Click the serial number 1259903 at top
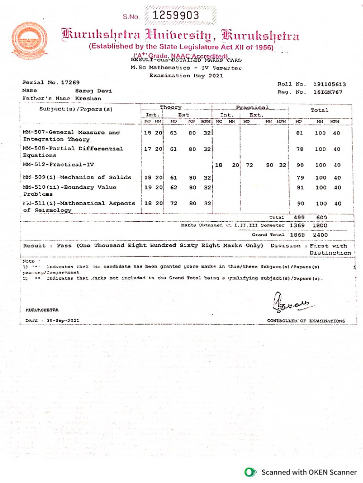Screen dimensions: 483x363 tap(175, 15)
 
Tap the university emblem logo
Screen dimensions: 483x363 tap(30, 41)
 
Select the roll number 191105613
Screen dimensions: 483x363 tap(329, 84)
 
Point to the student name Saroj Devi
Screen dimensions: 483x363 tap(93, 90)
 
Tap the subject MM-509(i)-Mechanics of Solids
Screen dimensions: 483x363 tap(77, 177)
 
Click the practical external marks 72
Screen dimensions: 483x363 tap(249, 166)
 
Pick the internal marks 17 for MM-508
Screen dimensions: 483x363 tap(147, 149)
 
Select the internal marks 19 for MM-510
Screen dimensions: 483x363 tap(147, 188)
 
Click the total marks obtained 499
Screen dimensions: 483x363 tap(299, 217)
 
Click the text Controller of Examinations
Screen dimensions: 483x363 tap(306, 321)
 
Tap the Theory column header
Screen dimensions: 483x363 tap(170, 108)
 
